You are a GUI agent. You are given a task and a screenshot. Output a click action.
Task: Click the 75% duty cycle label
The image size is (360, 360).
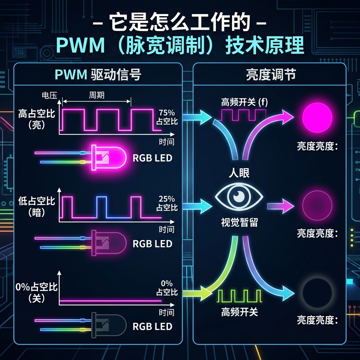click(167, 117)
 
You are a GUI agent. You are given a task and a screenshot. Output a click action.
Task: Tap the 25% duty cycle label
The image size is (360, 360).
click(167, 203)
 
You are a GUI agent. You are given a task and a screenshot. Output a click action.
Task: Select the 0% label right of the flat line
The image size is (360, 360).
click(167, 288)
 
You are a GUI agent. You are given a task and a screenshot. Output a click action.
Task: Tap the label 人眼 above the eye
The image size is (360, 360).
click(239, 173)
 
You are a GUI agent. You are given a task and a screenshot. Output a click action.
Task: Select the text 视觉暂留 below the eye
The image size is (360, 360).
click(239, 222)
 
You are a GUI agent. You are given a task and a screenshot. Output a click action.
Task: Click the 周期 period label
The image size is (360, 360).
click(97, 95)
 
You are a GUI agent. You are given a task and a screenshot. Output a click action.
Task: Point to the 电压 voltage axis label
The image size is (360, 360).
click(49, 95)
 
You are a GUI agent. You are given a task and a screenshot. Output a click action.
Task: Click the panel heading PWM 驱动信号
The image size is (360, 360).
click(98, 75)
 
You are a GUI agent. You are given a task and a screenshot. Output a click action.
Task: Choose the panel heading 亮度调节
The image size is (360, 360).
click(271, 75)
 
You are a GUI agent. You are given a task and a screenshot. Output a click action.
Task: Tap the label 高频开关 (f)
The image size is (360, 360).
click(244, 102)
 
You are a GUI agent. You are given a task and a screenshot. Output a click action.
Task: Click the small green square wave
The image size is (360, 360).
click(239, 296)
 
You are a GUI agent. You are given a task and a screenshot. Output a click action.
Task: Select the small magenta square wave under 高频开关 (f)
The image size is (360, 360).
click(243, 115)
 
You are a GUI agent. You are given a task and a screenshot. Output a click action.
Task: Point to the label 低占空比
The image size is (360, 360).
click(37, 201)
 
